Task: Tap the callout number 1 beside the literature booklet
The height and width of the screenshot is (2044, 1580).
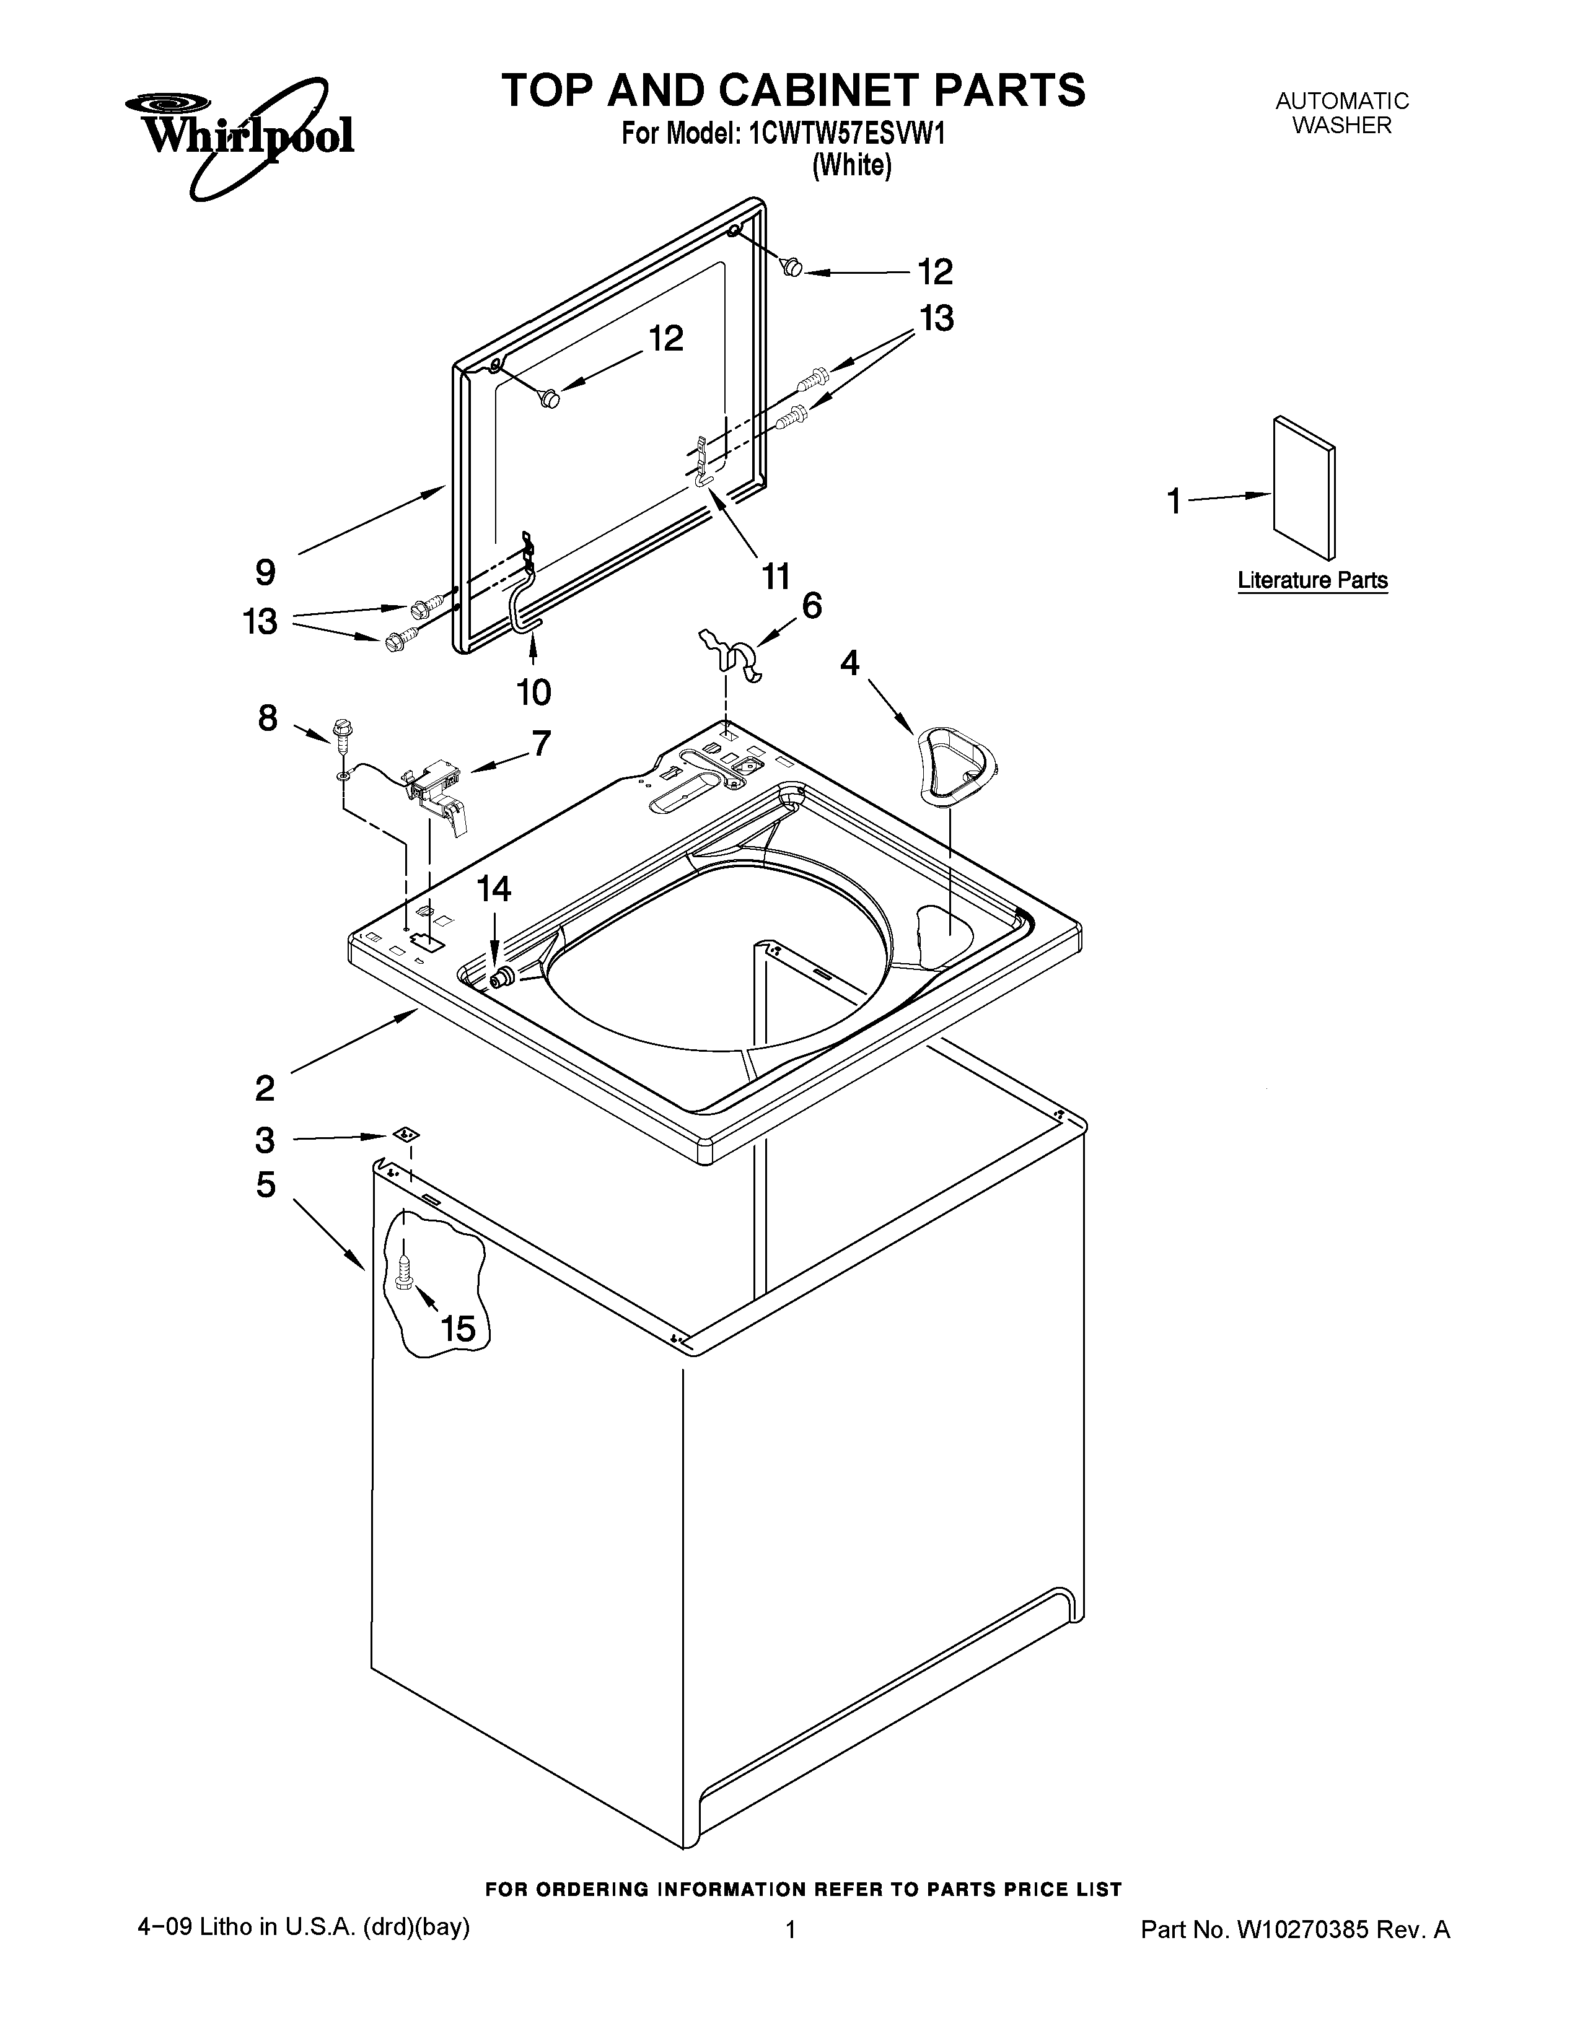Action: (x=1174, y=502)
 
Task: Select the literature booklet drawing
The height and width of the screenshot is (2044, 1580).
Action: (x=1304, y=487)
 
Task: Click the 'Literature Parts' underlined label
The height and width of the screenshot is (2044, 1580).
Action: (x=1312, y=580)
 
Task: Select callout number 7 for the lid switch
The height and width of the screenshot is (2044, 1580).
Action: (x=541, y=743)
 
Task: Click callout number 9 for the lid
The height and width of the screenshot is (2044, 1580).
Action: (x=266, y=572)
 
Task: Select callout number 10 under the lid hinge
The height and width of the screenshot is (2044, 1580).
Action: (x=533, y=692)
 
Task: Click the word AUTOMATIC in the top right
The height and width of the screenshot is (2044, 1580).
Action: (x=1341, y=101)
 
